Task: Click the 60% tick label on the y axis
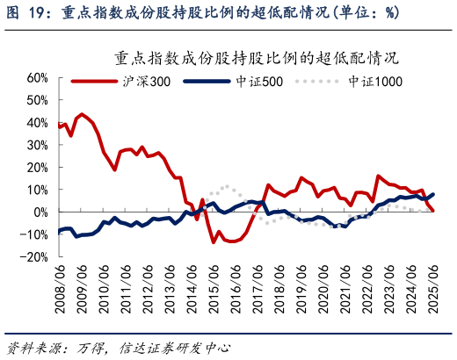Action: coord(33,77)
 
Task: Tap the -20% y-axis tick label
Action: coord(31,256)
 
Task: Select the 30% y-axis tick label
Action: coord(33,145)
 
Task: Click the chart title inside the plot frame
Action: coord(256,61)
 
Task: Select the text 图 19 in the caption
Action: coord(26,13)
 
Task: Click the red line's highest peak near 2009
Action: coord(83,114)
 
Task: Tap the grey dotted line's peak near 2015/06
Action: coord(227,186)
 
